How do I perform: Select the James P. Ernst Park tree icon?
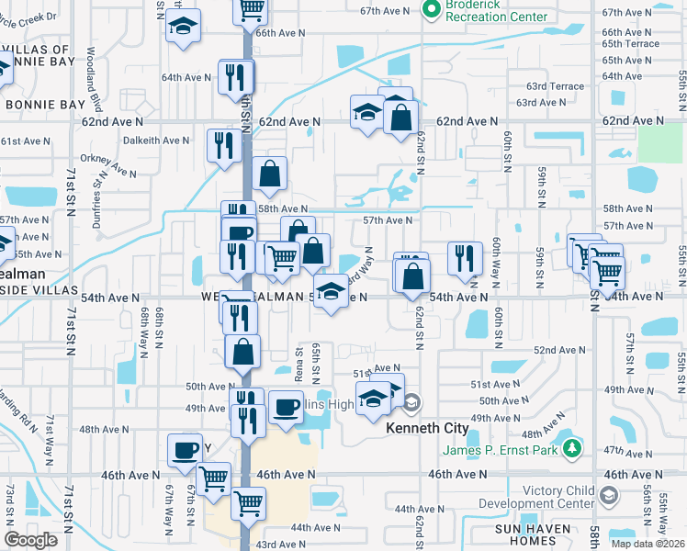(x=573, y=448)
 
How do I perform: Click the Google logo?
(x=30, y=539)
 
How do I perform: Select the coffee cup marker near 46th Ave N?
(x=185, y=449)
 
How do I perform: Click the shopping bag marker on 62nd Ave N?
(x=400, y=117)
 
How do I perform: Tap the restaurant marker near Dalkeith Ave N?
(x=223, y=144)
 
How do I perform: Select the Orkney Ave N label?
(x=107, y=163)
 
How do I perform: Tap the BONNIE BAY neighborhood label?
(x=45, y=105)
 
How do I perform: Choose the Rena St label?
(x=298, y=364)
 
